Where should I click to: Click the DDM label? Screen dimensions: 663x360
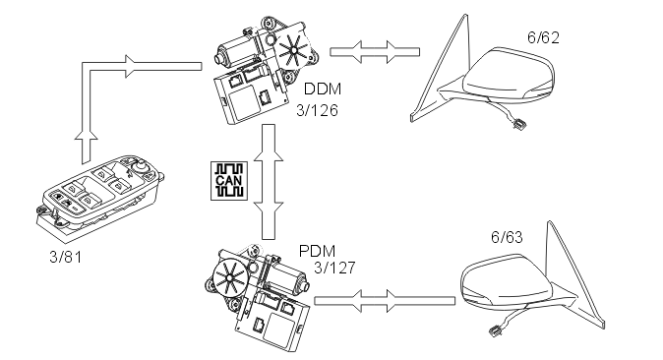pos(323,89)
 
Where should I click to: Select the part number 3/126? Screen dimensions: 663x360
pos(317,110)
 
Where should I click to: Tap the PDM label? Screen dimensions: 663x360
pos(317,251)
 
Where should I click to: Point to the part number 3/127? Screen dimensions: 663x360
pos(334,268)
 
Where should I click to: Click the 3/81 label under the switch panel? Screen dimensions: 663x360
pos(66,257)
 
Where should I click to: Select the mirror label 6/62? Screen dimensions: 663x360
pos(543,37)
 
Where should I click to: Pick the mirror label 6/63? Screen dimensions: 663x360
pos(507,237)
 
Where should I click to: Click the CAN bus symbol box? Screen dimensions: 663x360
pos(229,181)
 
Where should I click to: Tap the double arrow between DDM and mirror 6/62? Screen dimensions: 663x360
pos(375,52)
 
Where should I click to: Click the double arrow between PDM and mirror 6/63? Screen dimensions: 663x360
pos(385,301)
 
